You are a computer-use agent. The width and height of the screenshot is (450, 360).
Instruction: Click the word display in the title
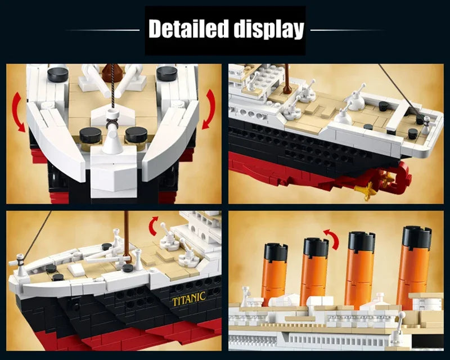269,30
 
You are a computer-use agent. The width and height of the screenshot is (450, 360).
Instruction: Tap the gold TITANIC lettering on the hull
189,299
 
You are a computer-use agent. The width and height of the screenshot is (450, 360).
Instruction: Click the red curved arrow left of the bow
17,112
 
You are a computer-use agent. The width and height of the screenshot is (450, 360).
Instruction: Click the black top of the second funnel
316,247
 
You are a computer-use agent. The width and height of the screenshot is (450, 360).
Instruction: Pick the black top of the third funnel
362,241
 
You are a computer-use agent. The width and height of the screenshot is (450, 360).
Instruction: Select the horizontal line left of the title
103,30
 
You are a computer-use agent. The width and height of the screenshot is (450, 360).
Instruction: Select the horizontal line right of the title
348,30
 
